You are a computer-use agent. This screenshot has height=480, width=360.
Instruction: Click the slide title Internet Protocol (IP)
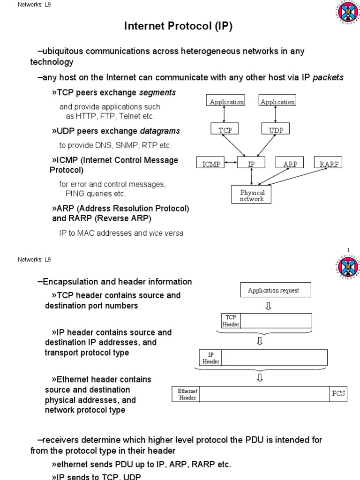(x=178, y=27)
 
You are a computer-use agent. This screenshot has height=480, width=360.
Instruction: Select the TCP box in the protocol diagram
(x=225, y=129)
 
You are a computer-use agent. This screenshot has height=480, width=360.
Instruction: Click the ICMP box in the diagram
(x=210, y=163)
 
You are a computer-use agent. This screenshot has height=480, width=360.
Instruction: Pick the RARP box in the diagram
(x=328, y=163)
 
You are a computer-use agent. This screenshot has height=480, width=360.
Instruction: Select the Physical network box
(x=252, y=195)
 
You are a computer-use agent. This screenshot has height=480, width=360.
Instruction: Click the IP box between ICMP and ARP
(x=251, y=163)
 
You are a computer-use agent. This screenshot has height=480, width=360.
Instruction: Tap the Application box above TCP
(x=226, y=101)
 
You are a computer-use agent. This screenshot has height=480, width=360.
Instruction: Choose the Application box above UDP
(x=277, y=101)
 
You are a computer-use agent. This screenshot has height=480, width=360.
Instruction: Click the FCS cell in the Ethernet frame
(x=338, y=394)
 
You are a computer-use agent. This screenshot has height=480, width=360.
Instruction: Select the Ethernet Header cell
(x=187, y=394)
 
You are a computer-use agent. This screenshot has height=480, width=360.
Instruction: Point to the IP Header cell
(x=210, y=358)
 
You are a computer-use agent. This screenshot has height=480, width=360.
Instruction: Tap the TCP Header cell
(x=231, y=321)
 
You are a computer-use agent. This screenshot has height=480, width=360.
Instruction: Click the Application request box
(x=273, y=290)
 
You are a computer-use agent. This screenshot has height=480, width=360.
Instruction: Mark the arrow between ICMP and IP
(x=230, y=163)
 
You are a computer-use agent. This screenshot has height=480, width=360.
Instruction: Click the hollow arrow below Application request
(x=268, y=306)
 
